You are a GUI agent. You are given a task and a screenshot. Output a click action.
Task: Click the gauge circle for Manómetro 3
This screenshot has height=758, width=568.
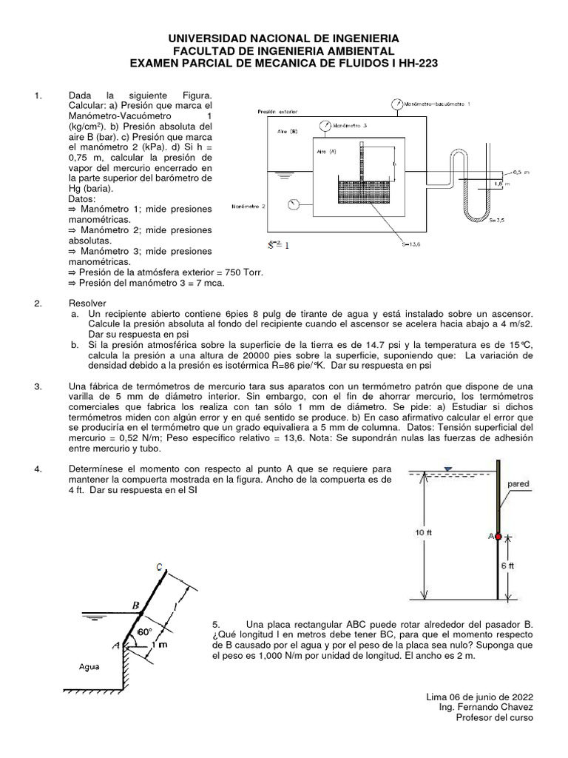[323, 127]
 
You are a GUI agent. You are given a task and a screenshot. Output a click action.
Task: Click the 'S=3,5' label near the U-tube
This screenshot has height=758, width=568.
[496, 219]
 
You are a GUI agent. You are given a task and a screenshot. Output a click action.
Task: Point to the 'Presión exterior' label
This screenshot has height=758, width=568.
[277, 112]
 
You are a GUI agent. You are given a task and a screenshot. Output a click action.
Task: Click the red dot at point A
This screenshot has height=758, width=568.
[498, 536]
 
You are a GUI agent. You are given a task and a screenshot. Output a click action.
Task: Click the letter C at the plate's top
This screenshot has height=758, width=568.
[159, 567]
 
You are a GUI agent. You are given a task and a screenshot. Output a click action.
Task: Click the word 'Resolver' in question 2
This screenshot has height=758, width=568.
[87, 303]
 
